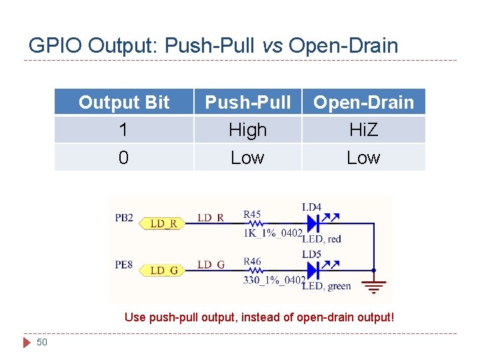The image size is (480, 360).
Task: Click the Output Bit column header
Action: coord(124,103)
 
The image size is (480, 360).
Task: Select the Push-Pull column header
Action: coord(247,103)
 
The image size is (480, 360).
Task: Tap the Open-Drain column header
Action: coord(363,103)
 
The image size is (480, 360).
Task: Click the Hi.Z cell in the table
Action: coord(363,130)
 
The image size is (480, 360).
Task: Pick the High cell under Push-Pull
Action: coord(247,130)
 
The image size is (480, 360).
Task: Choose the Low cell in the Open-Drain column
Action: coord(363,158)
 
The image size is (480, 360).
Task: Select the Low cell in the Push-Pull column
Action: coord(247,158)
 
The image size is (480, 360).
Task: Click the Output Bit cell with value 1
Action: coord(124,130)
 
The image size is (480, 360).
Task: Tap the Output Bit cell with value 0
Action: coord(124,158)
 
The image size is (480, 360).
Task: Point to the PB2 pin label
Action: coord(124,218)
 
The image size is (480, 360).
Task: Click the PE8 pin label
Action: coord(124,265)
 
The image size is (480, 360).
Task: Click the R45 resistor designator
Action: coord(252,214)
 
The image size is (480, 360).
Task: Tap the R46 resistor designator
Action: coord(252,261)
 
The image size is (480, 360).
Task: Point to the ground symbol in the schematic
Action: coord(374,285)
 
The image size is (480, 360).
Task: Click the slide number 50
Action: coord(42,342)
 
